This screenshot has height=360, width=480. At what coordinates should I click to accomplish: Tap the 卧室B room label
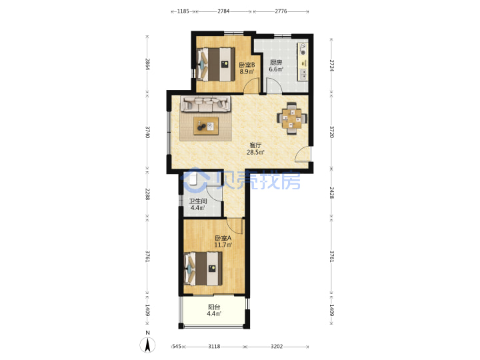(247, 65)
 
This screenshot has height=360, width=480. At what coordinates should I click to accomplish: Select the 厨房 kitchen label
(276, 63)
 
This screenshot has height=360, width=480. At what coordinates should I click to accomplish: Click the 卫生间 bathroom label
(198, 201)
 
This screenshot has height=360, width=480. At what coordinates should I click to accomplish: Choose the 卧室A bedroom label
(223, 238)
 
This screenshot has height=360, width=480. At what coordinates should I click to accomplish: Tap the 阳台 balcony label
(214, 307)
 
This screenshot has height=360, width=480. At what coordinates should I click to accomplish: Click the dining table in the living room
(292, 119)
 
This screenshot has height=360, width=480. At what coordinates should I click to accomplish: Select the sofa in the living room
(205, 104)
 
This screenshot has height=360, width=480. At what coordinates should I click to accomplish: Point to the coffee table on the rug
(206, 126)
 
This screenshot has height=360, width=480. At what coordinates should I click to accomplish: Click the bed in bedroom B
(215, 64)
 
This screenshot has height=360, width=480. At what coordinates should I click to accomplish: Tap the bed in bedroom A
(203, 269)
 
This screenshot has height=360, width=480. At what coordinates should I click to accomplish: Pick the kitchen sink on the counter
(303, 75)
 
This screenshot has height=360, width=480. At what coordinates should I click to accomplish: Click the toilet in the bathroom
(193, 178)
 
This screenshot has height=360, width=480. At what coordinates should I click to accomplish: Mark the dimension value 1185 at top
(183, 11)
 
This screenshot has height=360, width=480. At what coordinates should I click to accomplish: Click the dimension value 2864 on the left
(147, 64)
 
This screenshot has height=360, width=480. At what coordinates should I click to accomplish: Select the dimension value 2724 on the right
(331, 65)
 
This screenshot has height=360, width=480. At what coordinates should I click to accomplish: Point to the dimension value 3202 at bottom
(277, 346)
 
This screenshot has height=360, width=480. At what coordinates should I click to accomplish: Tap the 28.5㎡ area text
(255, 152)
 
